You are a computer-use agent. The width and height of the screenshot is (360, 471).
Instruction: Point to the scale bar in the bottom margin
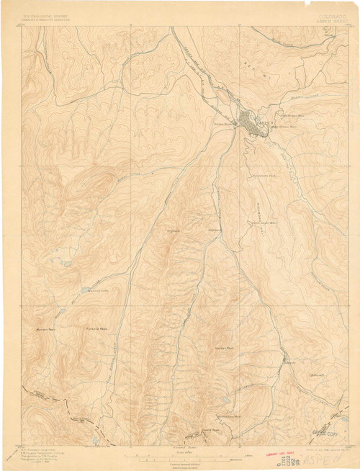(x=180, y=457)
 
